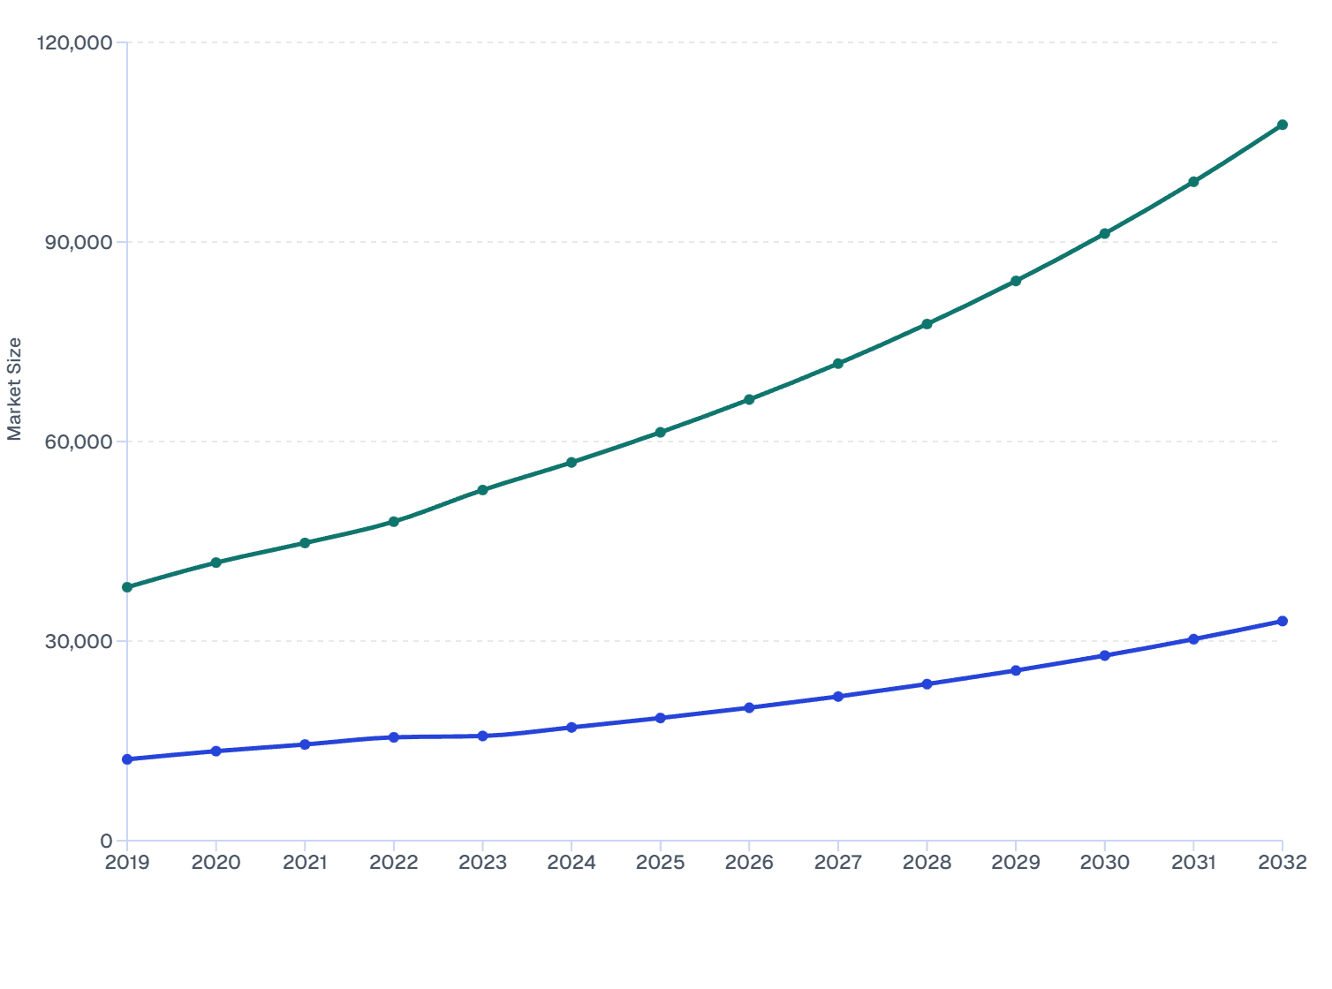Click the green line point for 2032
point(1283,125)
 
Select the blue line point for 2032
point(1283,622)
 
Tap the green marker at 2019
point(127,587)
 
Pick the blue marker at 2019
point(127,759)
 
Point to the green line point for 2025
point(661,433)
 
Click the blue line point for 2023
point(482,736)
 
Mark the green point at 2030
point(1105,234)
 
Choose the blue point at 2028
point(927,684)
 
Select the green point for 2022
point(394,522)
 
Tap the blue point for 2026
point(749,707)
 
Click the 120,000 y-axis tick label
point(74,42)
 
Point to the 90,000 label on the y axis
point(79,242)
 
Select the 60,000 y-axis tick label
point(79,442)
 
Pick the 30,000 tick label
point(79,641)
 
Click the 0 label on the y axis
point(106,841)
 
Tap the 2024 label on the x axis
point(571,863)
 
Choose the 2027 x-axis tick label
point(838,863)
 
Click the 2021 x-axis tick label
point(305,863)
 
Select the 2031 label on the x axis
point(1193,863)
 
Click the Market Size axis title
point(14,389)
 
